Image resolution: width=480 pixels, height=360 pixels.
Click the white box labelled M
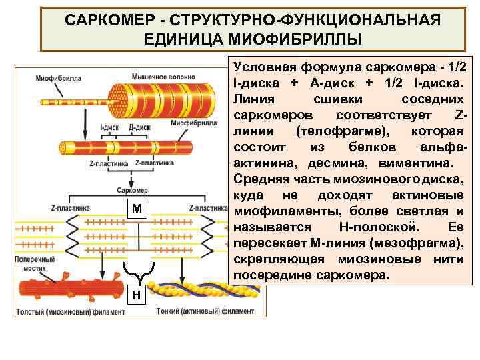(137, 209)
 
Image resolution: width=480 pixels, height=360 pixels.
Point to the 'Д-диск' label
(137, 126)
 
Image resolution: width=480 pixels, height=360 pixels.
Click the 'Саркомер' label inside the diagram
(131, 191)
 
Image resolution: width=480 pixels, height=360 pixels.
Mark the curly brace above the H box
(137, 271)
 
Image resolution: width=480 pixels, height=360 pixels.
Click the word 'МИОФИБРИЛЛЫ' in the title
(253, 39)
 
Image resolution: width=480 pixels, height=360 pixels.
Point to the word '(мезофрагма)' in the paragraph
(414, 243)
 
